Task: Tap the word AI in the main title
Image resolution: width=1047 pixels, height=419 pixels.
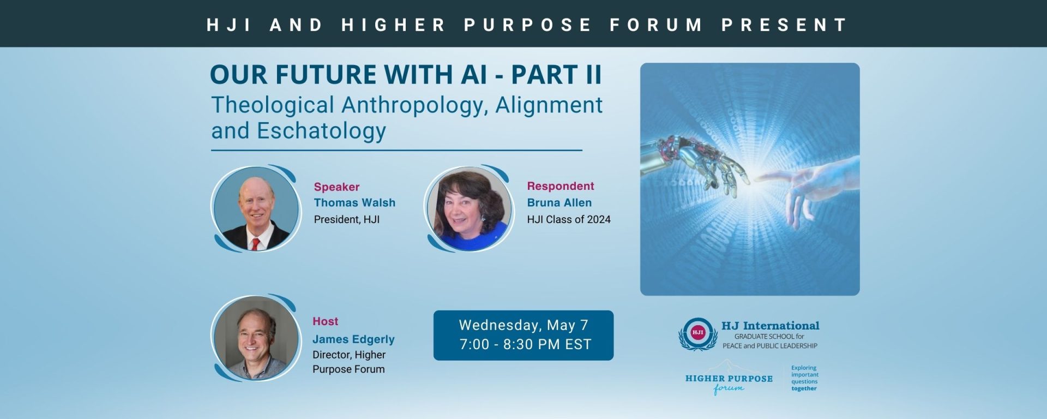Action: click(474, 75)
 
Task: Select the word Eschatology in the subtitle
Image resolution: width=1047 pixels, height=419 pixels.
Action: click(322, 131)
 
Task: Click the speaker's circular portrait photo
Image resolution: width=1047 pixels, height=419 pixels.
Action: click(256, 209)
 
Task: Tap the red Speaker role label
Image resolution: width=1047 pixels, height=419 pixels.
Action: click(336, 187)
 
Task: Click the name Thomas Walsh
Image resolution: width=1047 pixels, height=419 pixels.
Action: click(354, 203)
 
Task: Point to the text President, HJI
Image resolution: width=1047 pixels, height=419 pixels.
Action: click(347, 219)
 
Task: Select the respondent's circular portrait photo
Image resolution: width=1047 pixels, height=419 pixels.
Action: click(470, 209)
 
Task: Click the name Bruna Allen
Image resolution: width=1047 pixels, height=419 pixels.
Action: click(559, 203)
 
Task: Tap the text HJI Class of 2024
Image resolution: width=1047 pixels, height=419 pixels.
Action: click(569, 219)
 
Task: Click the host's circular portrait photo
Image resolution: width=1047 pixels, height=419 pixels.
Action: click(256, 338)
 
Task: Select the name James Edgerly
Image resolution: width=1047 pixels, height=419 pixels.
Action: click(353, 339)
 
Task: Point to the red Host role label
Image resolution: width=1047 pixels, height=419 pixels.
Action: click(325, 321)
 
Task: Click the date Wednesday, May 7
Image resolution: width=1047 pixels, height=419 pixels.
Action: click(523, 325)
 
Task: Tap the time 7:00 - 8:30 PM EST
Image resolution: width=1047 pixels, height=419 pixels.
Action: click(525, 344)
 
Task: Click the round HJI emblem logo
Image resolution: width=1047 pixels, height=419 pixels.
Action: click(697, 333)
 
